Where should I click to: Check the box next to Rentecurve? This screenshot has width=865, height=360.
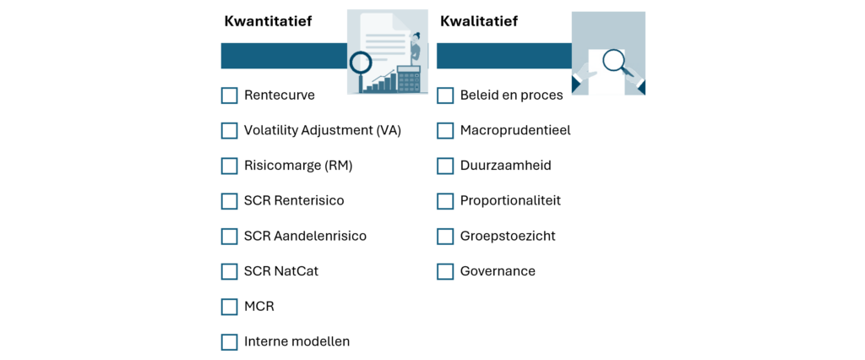[229, 95]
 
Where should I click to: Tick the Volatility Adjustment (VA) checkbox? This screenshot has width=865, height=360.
[229, 131]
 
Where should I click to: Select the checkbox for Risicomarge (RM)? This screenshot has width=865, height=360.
[229, 166]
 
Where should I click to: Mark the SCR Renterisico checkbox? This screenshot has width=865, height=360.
[229, 201]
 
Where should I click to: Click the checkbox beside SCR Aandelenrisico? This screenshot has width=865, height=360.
[229, 237]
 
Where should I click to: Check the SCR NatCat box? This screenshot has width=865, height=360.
[229, 271]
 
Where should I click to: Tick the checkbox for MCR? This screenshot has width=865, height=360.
[229, 307]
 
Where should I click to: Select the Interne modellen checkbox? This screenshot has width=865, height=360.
[229, 341]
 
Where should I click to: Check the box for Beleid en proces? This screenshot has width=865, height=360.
[445, 95]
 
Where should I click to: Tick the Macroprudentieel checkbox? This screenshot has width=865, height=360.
[445, 131]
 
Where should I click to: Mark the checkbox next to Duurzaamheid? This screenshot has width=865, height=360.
[445, 166]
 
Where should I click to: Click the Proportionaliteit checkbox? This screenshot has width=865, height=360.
[445, 201]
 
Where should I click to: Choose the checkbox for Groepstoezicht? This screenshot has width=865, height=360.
[445, 237]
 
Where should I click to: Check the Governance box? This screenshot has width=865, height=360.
[445, 271]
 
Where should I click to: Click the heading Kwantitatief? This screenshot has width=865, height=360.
[268, 21]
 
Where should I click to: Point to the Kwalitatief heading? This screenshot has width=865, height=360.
[479, 21]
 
